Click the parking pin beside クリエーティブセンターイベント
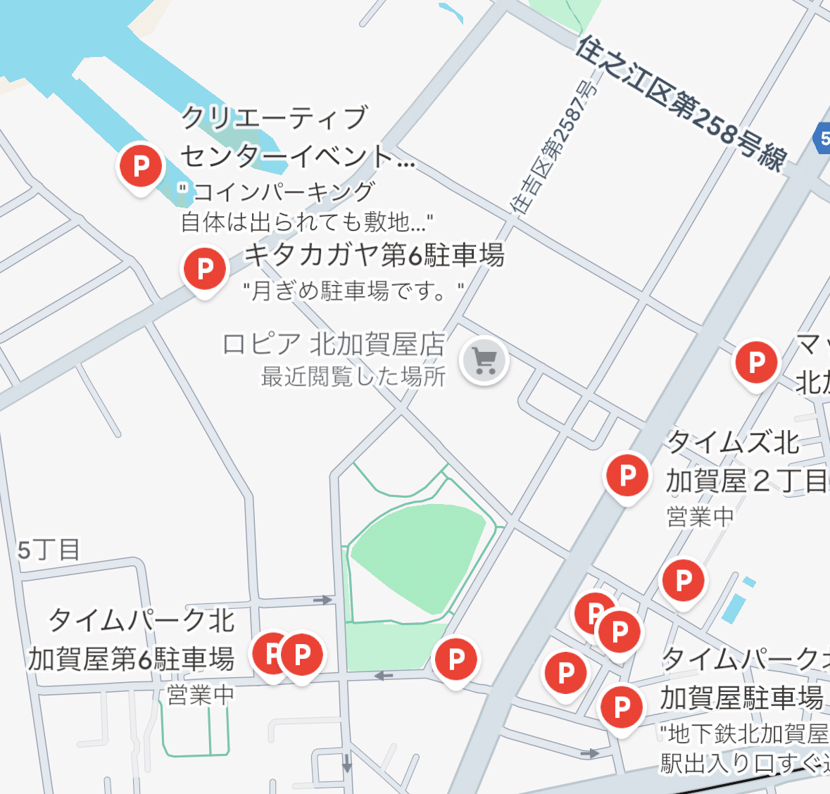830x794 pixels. pyautogui.click(x=141, y=165)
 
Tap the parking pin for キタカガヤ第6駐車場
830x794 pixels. pyautogui.click(x=204, y=268)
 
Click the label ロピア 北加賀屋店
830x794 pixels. pyautogui.click(x=334, y=344)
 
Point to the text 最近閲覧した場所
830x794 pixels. pyautogui.click(x=353, y=377)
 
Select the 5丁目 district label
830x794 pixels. pyautogui.click(x=49, y=550)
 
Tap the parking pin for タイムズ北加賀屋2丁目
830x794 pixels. pyautogui.click(x=627, y=475)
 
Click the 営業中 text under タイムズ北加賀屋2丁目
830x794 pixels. pyautogui.click(x=700, y=517)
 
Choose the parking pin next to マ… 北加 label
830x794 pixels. pyautogui.click(x=756, y=363)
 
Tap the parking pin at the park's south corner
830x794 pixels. pyautogui.click(x=456, y=660)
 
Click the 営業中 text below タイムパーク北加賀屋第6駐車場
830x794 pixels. pyautogui.click(x=201, y=695)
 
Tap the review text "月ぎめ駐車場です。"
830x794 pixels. pyautogui.click(x=353, y=290)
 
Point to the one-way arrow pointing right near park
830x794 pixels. pyautogui.click(x=323, y=600)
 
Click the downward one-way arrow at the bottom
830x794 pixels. pyautogui.click(x=346, y=762)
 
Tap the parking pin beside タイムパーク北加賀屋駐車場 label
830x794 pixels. pyautogui.click(x=622, y=707)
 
